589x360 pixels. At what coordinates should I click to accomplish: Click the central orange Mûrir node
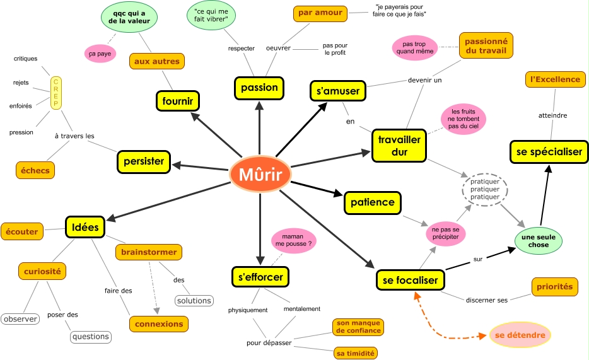[x=260, y=175]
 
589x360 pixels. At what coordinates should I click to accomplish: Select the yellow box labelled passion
[x=259, y=88]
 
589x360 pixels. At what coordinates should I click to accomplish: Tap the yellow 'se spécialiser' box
[x=549, y=152]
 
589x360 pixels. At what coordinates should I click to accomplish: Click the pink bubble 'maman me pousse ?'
[x=293, y=240]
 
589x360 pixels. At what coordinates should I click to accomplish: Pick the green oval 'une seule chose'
[x=539, y=241]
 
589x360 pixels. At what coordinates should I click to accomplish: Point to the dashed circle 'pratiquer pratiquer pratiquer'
[x=485, y=189]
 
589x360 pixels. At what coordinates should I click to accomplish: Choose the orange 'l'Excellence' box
[x=555, y=79]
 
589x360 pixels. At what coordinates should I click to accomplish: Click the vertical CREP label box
[x=56, y=93]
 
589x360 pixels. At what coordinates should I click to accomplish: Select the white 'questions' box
[x=91, y=337]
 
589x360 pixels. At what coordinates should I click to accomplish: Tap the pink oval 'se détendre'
[x=520, y=335]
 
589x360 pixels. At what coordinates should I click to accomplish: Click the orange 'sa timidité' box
[x=355, y=353]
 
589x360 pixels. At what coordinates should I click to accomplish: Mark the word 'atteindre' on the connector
[x=552, y=115]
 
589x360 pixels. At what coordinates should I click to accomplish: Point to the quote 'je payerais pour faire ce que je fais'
[x=399, y=11]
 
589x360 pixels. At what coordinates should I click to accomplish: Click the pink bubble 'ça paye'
[x=100, y=54]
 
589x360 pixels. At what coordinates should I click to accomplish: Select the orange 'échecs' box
[x=35, y=170]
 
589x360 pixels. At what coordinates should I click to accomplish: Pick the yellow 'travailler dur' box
[x=399, y=146]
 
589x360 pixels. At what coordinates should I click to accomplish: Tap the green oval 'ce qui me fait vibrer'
[x=211, y=15]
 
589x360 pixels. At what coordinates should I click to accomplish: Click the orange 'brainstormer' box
[x=149, y=252]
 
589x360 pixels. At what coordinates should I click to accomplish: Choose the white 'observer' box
[x=20, y=319]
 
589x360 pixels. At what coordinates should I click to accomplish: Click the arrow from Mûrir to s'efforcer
[x=260, y=229]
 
